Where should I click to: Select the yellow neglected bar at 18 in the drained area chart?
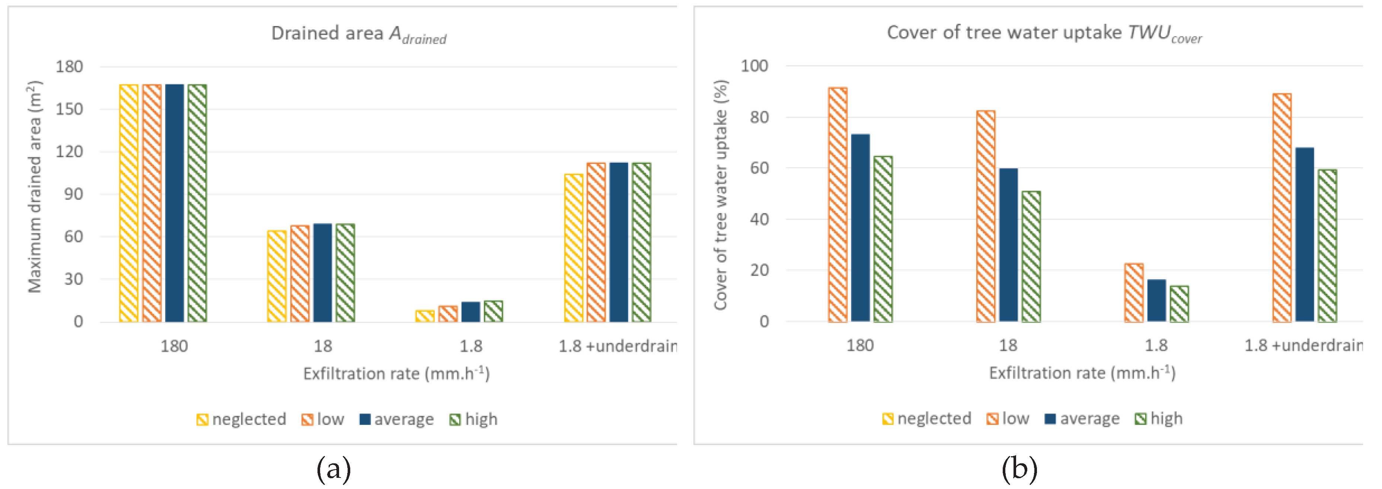point(277,276)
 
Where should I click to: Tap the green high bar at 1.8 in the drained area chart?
point(493,311)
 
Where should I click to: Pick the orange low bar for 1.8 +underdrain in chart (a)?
point(596,242)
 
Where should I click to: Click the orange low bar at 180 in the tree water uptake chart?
point(837,204)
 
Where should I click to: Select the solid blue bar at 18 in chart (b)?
point(1008,245)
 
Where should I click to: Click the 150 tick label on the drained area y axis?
point(69,109)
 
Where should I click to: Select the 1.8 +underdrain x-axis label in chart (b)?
point(1303,346)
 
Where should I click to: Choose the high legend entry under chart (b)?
point(1159,419)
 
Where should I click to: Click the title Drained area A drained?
point(358,34)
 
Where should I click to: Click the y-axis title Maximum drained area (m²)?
point(34,187)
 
